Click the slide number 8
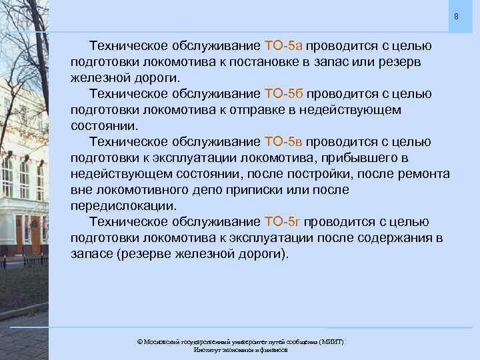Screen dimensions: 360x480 [456, 15]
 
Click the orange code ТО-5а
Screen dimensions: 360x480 [283, 46]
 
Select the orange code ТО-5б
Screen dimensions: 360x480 [284, 94]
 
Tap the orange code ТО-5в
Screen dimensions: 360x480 [284, 142]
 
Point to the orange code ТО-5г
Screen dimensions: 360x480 [283, 222]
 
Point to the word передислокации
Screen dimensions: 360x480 [124, 206]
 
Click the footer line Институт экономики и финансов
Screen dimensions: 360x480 [240, 349]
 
